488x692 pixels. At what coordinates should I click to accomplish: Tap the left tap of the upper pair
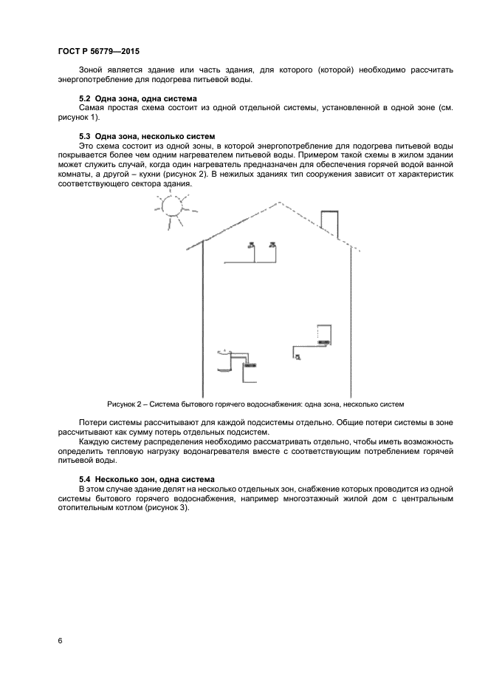coord(252,245)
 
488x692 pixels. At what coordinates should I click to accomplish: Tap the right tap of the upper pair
coord(273,245)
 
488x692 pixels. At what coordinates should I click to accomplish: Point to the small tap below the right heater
coord(298,356)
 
